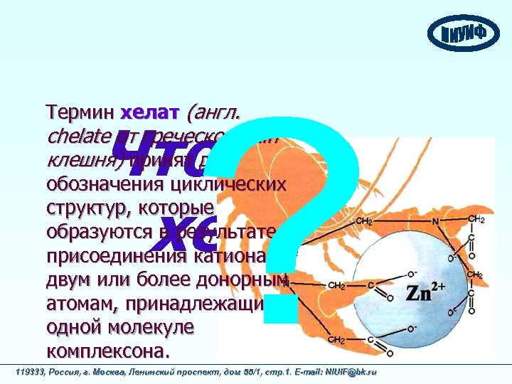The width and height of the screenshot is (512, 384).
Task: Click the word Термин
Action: pos(80,112)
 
